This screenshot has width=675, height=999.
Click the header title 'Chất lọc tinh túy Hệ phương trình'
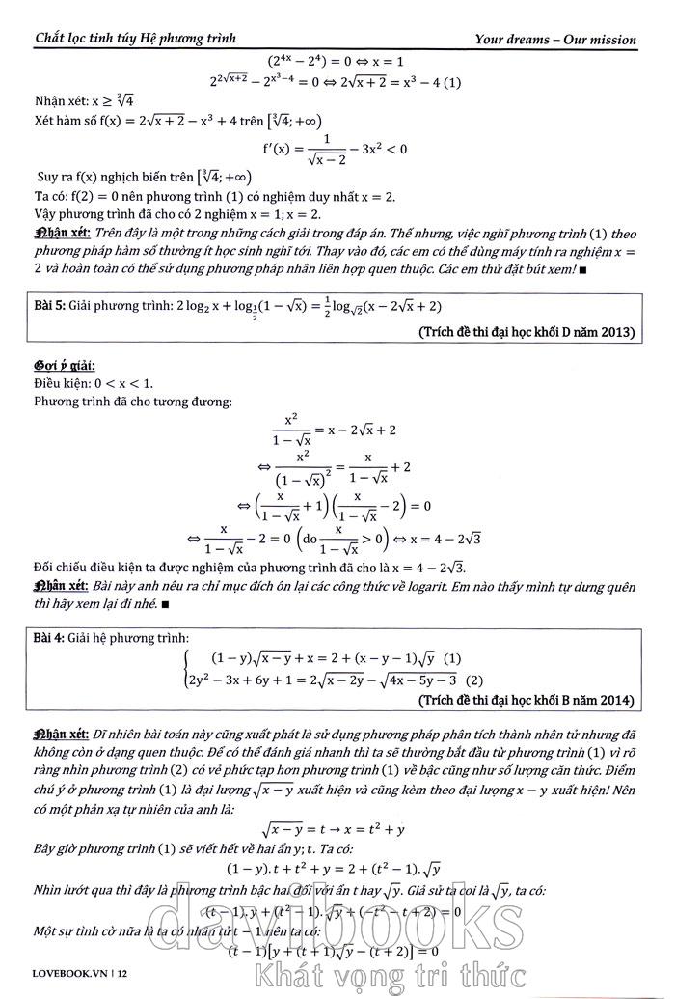pos(135,39)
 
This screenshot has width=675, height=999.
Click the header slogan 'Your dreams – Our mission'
pos(555,40)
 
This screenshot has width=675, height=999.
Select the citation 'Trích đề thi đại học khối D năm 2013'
pos(527,332)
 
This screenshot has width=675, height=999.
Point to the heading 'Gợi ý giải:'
pos(61,367)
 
